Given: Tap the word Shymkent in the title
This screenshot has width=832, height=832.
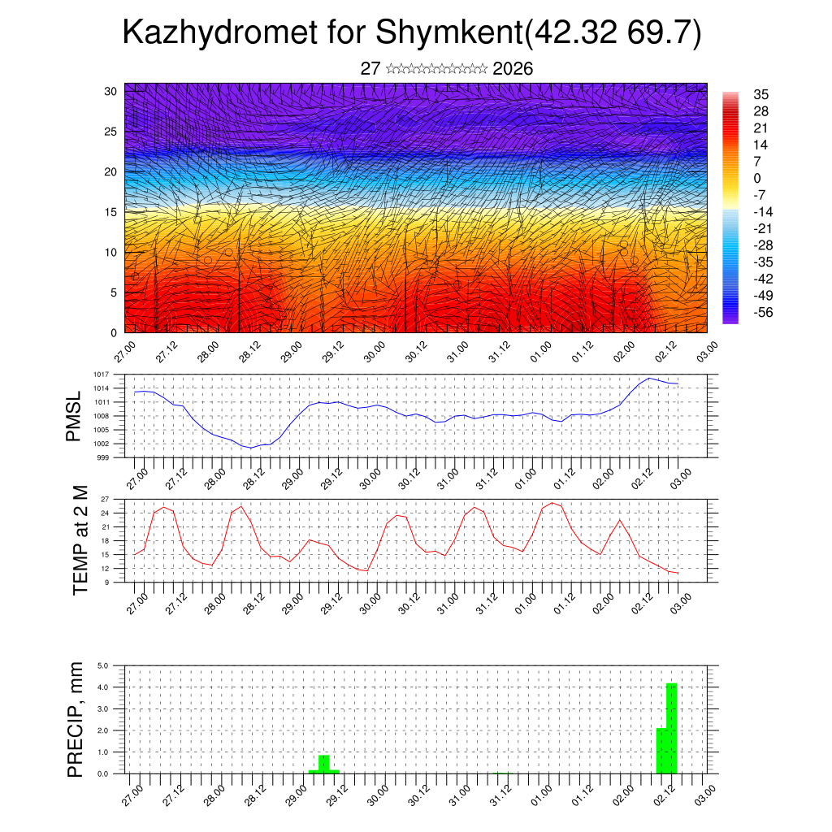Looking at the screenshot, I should [x=447, y=33].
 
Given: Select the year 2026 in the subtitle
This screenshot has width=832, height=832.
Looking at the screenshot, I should [x=513, y=69].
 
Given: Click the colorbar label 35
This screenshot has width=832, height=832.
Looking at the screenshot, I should [x=760, y=94].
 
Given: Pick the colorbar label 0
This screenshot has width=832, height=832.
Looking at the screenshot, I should [x=757, y=178].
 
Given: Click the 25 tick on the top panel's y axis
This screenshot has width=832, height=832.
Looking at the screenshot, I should [x=112, y=131].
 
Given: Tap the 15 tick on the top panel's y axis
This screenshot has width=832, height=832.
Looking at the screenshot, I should [x=112, y=212].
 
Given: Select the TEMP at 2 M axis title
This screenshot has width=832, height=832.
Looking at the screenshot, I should [x=80, y=539].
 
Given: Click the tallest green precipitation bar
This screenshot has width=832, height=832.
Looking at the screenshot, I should [x=671, y=728].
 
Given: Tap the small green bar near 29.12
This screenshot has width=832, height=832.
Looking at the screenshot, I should [x=323, y=764].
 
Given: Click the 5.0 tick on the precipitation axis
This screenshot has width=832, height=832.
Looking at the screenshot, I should [x=104, y=665].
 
